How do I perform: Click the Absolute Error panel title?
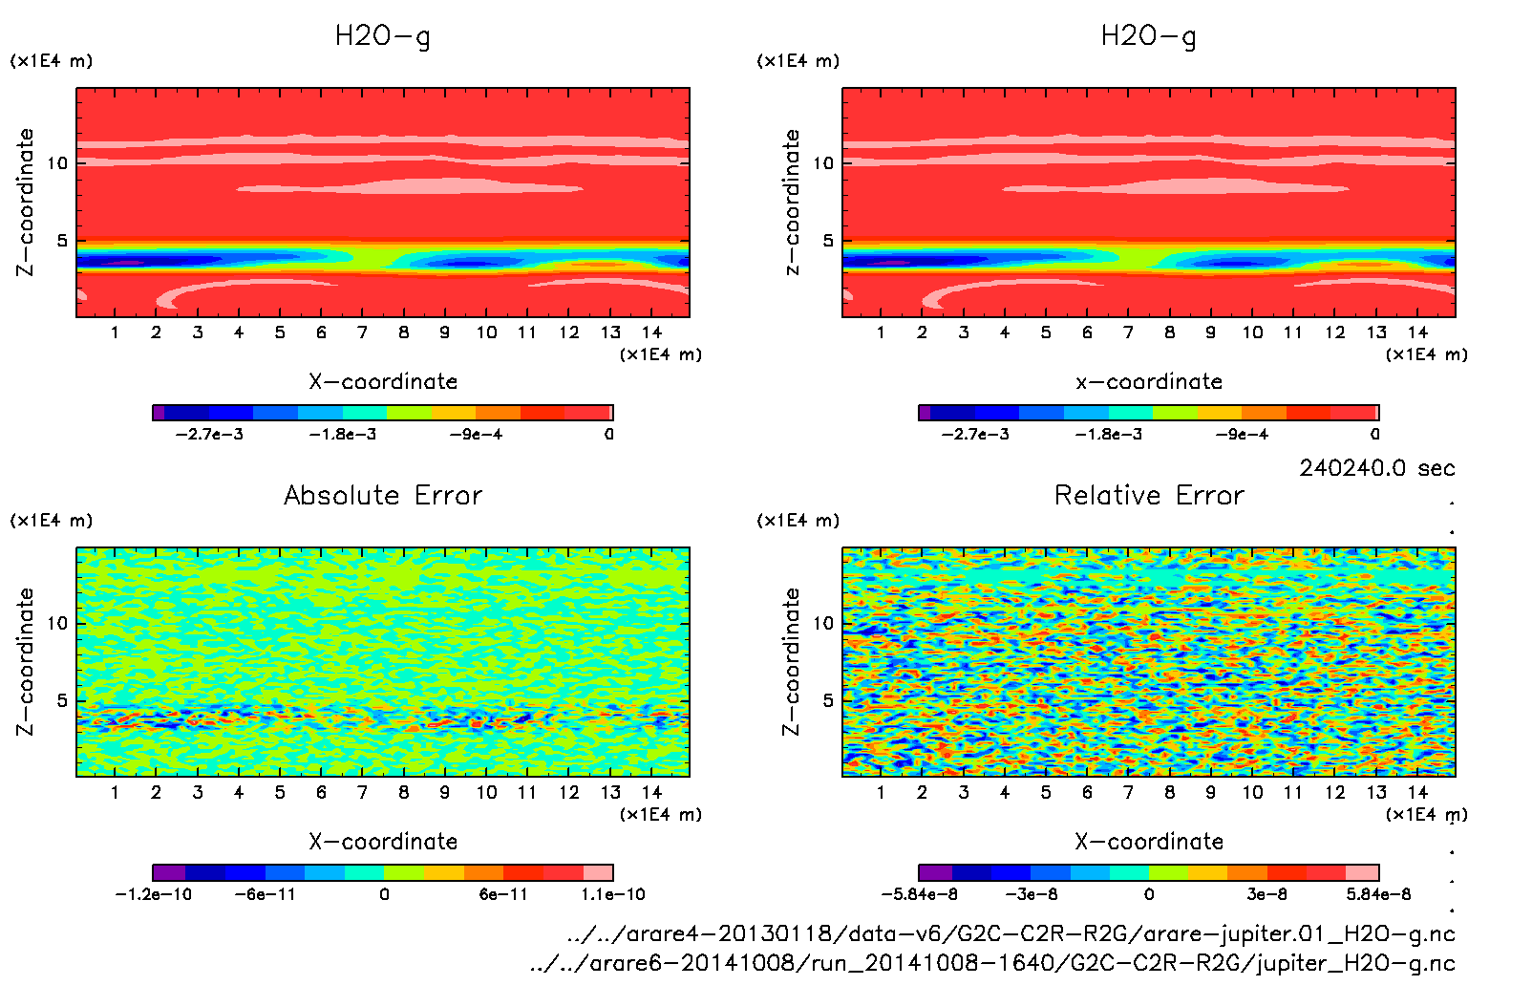383,495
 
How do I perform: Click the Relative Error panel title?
1149,495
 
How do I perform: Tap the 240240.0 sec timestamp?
1376,468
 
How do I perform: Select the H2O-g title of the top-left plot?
382,36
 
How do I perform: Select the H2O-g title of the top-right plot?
1148,36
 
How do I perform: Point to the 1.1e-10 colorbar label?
613,894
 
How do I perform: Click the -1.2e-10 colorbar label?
153,894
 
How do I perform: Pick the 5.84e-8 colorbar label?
1378,894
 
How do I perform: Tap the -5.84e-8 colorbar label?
919,894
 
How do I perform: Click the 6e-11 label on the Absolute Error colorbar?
503,894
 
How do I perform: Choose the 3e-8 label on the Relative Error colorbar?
1266,894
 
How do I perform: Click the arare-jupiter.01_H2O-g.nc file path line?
1011,933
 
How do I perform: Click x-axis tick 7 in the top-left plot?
362,332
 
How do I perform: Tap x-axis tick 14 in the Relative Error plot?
1417,792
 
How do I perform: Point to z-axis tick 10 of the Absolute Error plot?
57,623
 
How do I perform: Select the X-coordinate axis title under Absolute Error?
383,842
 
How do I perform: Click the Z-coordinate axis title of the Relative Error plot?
790,661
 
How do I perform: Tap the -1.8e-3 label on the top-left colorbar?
342,435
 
